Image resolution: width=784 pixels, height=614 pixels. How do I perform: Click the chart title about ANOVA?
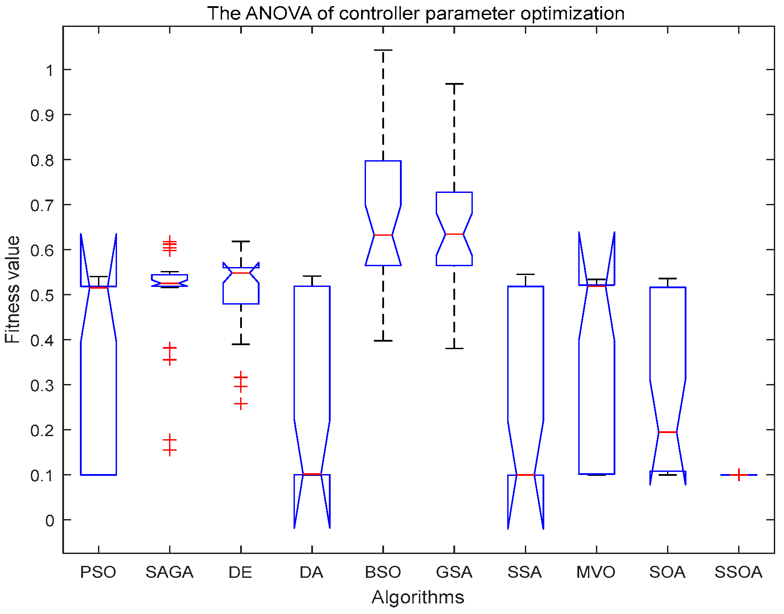[x=416, y=13]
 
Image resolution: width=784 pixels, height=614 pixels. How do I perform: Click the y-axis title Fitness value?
[x=13, y=289]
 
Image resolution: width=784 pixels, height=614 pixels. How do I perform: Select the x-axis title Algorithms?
[x=418, y=597]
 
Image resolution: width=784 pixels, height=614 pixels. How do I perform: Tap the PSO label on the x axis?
[x=98, y=572]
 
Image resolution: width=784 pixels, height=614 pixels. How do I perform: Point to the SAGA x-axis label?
[x=170, y=572]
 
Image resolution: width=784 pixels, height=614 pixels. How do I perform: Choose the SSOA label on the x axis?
[x=739, y=572]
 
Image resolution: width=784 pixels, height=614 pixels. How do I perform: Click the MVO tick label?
[x=596, y=572]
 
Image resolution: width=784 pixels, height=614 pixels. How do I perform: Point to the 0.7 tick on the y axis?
[x=42, y=205]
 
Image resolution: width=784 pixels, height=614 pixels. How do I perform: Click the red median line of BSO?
[x=383, y=235]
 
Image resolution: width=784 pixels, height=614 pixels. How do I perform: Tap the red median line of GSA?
[x=454, y=234]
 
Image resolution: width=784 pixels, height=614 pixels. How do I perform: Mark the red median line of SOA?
[x=667, y=432]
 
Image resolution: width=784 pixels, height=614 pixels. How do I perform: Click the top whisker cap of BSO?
[x=383, y=50]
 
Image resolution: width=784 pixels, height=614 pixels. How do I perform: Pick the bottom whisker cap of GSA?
[x=454, y=348]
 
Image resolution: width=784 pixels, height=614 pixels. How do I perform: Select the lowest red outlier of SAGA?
[x=170, y=450]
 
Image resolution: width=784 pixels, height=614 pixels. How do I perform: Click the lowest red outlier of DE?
[x=241, y=404]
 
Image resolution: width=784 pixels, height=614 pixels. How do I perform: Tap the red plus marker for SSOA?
[x=739, y=475]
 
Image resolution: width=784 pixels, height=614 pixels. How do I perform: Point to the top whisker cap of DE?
[x=241, y=241]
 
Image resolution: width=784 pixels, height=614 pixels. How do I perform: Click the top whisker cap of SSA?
[x=525, y=275]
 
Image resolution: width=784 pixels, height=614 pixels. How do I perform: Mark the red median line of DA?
[x=312, y=474]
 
